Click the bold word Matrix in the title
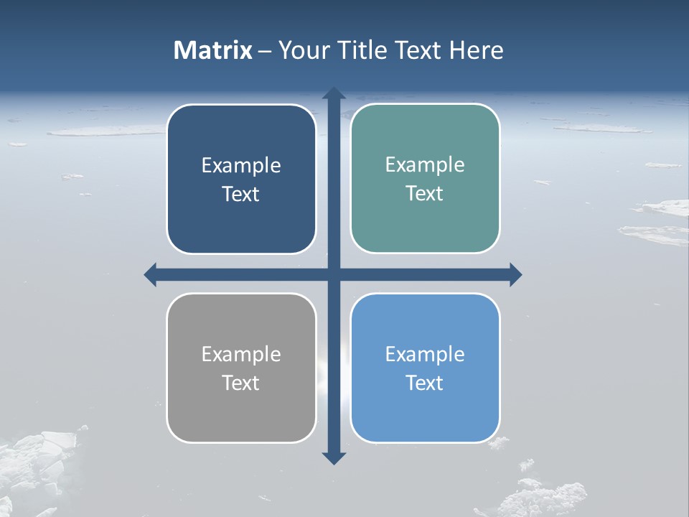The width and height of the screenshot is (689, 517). pos(213,50)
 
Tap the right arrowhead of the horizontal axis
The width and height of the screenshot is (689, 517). pos(515,274)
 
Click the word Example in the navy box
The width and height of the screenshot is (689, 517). pos(241,166)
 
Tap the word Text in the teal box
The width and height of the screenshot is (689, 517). pos(425,194)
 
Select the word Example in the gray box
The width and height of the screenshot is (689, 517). pos(241,354)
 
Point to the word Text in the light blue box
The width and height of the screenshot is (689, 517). pos(425,383)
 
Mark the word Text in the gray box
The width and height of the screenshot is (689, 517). pos(241,383)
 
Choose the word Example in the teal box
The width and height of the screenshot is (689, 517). pos(425,165)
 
